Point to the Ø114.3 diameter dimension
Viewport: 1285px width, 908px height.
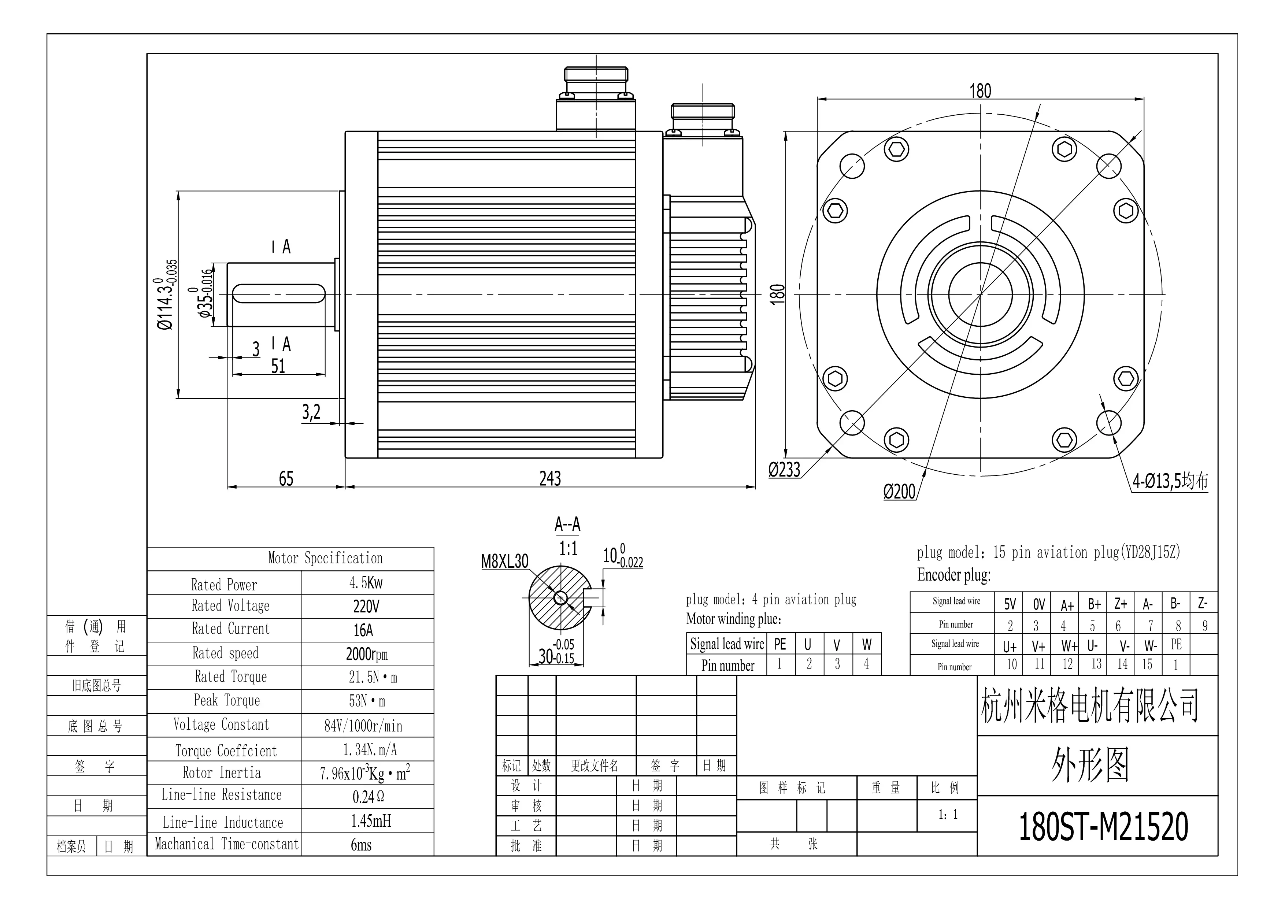167,295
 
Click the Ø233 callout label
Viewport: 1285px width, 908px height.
784,470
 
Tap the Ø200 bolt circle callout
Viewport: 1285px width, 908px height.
899,492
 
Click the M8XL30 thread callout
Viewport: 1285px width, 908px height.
504,561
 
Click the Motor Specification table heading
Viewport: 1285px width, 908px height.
325,558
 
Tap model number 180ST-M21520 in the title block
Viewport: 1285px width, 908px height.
1103,827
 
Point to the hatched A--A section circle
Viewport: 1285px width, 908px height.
557,598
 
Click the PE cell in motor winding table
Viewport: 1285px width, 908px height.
779,645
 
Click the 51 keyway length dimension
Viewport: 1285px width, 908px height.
278,366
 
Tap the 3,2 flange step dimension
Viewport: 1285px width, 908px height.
311,412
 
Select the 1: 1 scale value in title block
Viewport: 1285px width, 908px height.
948,815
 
